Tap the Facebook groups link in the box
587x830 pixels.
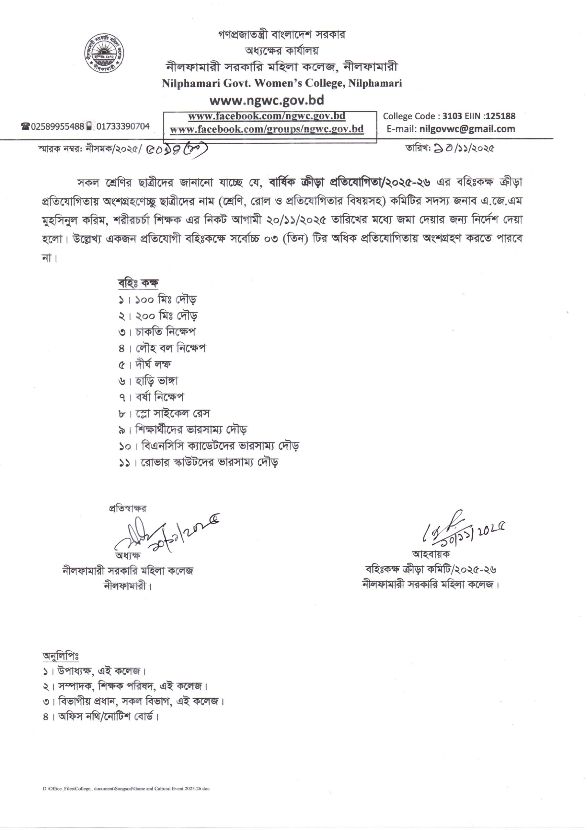(x=267, y=129)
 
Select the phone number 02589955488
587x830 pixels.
(x=58, y=126)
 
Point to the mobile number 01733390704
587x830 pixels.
(x=122, y=126)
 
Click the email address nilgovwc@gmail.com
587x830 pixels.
(x=467, y=129)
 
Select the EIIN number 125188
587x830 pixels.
(x=501, y=116)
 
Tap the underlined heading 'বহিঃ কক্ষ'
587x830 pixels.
(x=138, y=283)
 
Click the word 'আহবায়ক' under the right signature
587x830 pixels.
(x=431, y=554)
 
